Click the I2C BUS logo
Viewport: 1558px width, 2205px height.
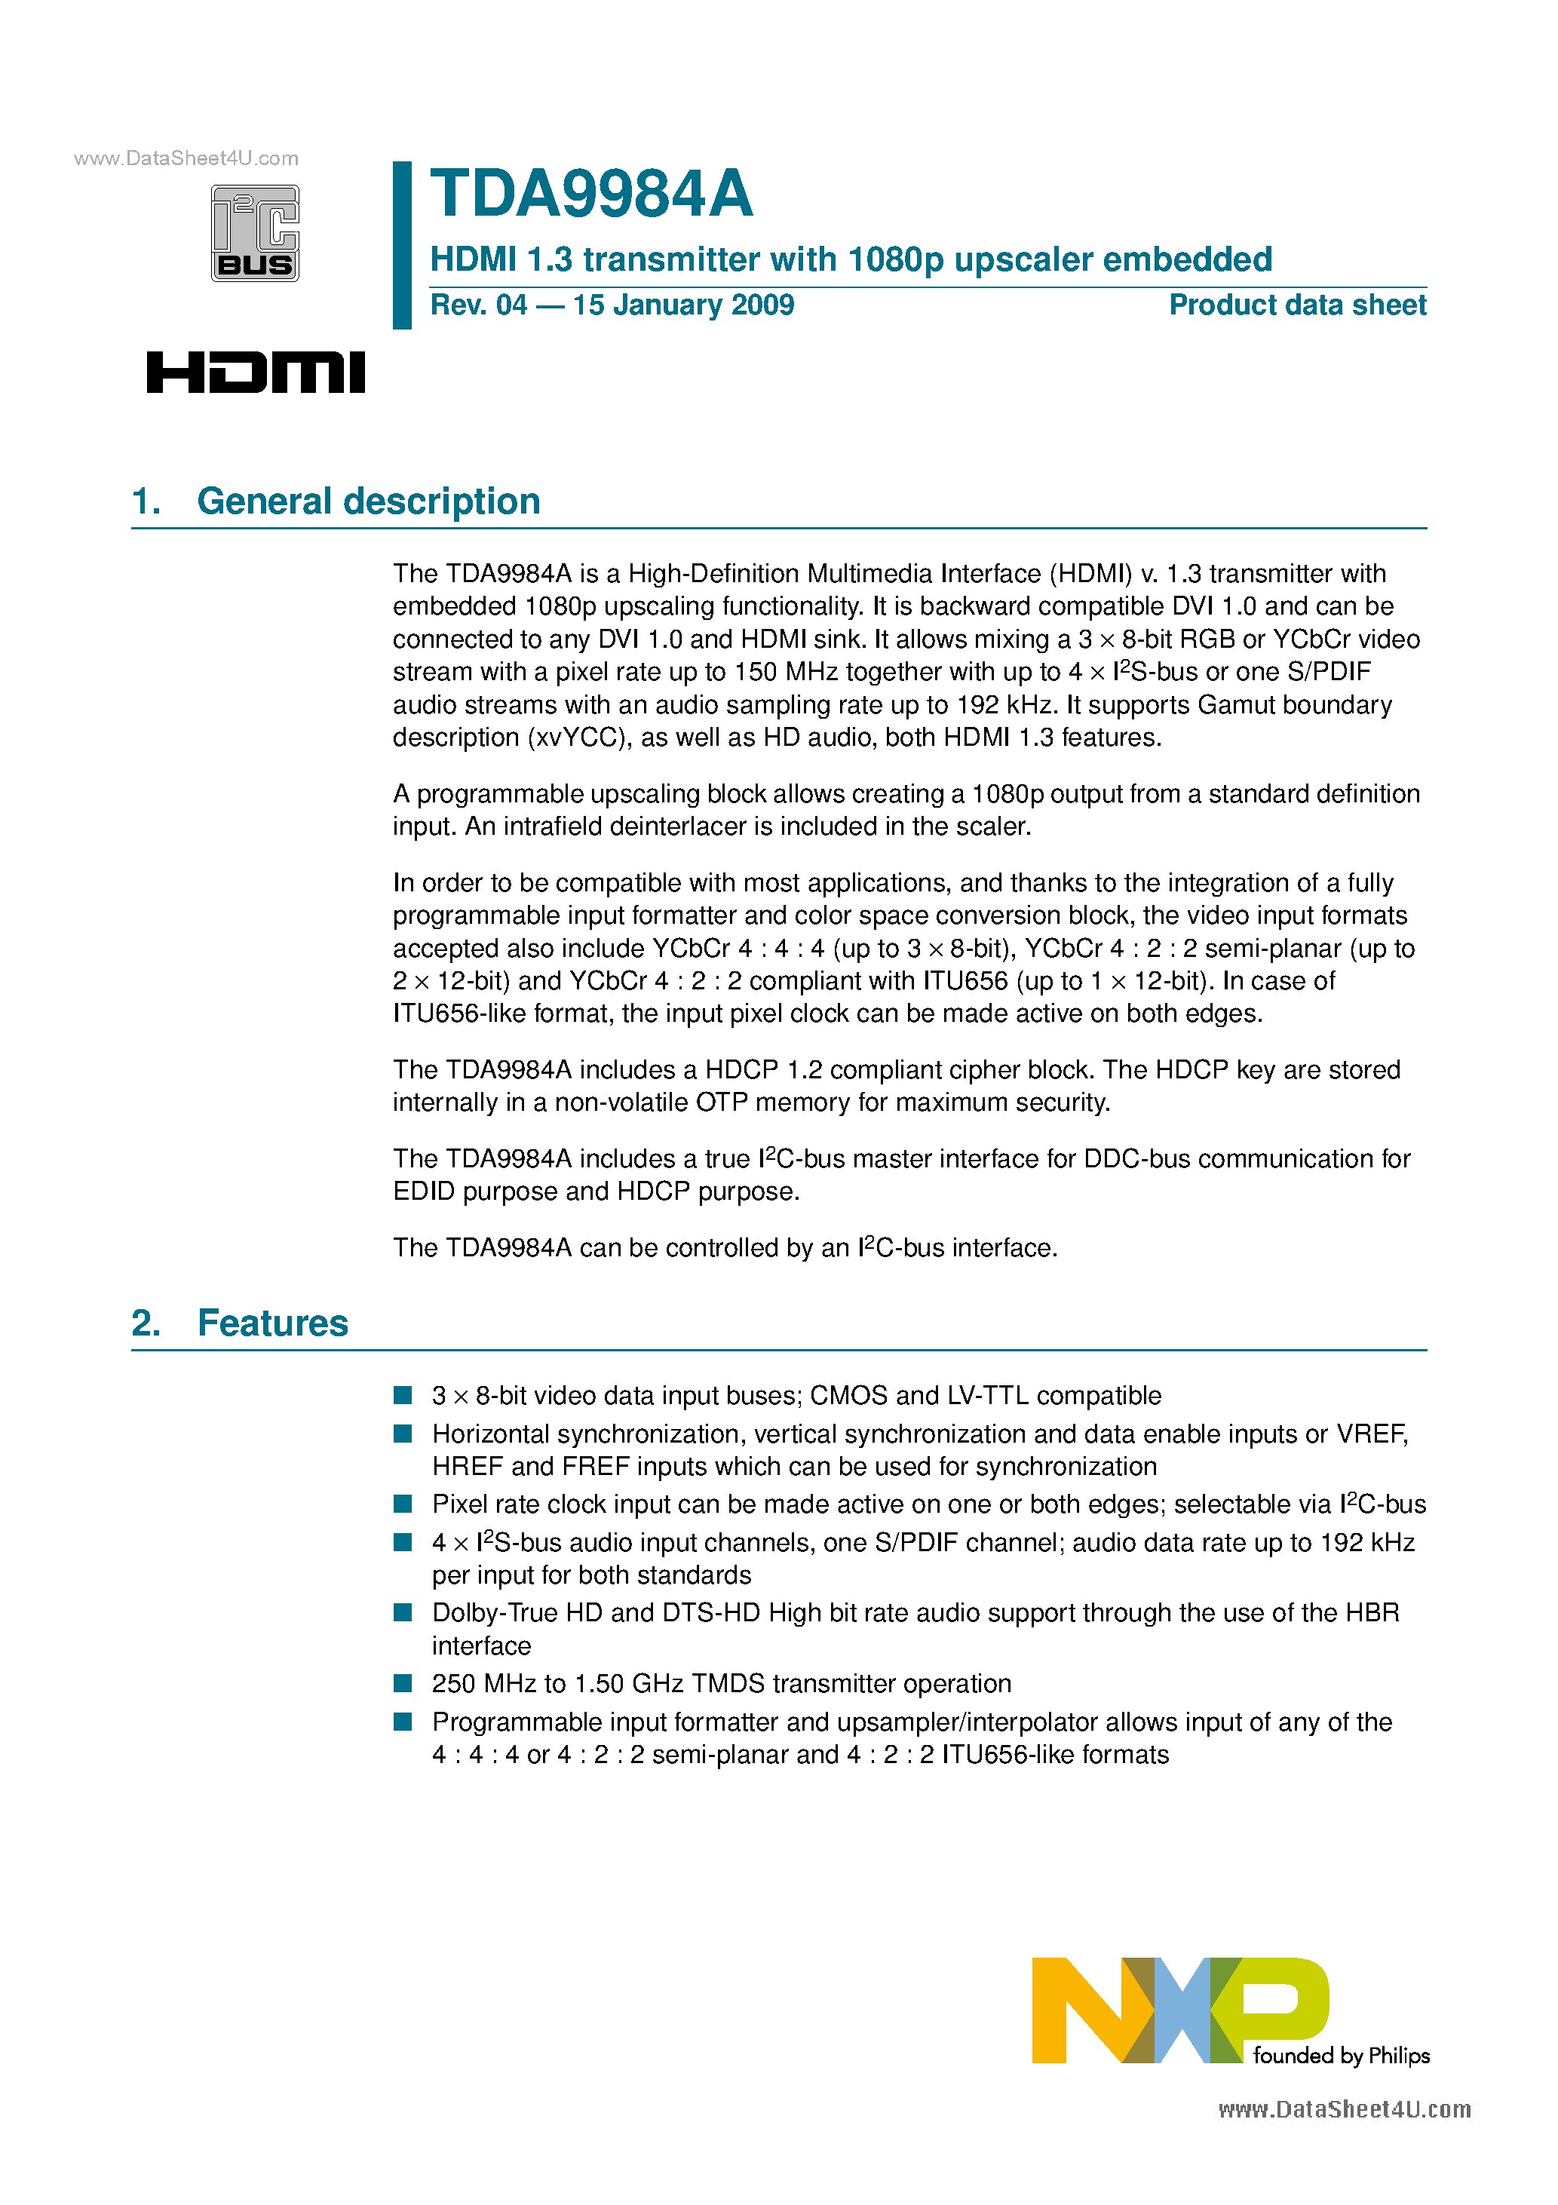255,233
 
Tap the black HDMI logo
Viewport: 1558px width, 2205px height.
256,373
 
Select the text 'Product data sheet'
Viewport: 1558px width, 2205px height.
1297,305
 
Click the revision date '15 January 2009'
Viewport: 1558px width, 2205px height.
683,305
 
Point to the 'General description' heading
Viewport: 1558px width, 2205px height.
368,501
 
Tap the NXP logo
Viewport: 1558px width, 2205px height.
1179,2009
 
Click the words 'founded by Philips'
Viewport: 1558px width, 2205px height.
1341,2056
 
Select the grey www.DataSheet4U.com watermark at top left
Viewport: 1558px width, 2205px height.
186,158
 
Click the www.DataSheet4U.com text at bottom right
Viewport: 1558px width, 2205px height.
1344,2109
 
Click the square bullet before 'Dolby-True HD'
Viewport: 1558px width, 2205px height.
403,1612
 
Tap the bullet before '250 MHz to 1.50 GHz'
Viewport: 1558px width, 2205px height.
403,1683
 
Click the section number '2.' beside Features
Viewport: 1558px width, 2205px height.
146,1323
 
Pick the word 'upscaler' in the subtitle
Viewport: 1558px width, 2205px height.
1022,260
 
